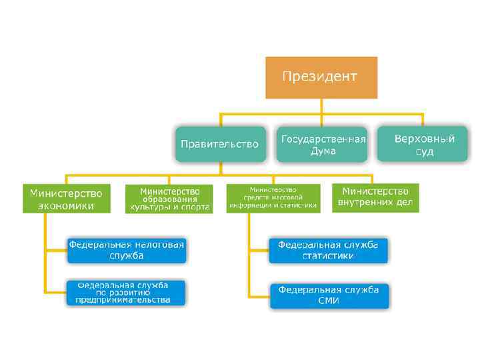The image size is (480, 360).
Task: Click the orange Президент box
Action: [321, 77]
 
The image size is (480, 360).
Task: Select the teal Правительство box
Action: [219, 144]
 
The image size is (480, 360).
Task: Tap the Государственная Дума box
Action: [323, 145]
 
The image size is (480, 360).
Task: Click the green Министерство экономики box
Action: [65, 199]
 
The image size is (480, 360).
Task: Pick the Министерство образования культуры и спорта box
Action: [169, 199]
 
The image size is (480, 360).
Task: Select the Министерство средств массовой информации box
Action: [273, 198]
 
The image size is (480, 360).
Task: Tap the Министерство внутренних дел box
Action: [375, 198]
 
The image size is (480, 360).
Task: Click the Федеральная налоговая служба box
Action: [127, 250]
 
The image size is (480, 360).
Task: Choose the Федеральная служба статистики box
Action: [328, 250]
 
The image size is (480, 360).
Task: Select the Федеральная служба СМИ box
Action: [329, 295]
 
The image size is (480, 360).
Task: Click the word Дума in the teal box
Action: [323, 151]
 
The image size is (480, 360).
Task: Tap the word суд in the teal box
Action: [425, 152]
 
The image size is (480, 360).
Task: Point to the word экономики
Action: [65, 206]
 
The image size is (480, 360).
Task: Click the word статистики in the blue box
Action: [328, 256]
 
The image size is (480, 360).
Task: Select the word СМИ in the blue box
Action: [329, 301]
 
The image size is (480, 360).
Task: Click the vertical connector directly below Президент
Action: [321, 106]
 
